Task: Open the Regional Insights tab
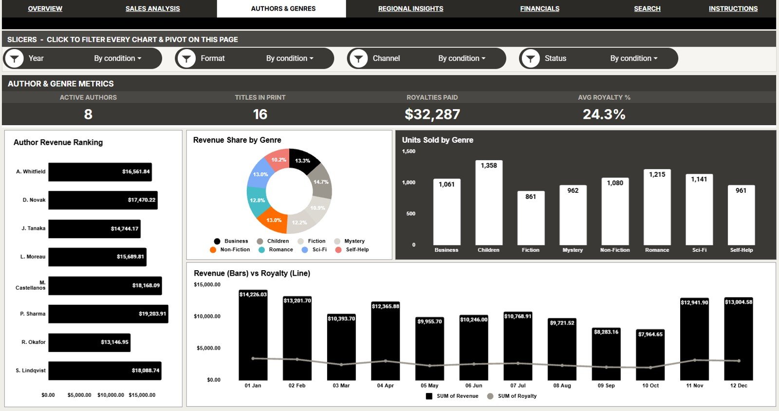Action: (411, 8)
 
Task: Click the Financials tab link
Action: (540, 8)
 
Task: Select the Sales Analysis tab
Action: (153, 8)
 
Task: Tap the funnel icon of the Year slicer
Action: (15, 58)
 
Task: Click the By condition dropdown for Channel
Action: (462, 58)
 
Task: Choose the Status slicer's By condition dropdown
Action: (633, 58)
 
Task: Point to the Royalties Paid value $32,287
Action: (432, 114)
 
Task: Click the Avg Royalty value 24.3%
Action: (604, 114)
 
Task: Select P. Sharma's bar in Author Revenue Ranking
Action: (108, 314)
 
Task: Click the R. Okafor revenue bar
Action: (90, 342)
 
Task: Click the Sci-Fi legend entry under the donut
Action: (315, 250)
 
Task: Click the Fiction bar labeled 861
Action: (531, 218)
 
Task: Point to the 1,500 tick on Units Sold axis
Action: (408, 151)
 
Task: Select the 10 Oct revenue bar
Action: (650, 355)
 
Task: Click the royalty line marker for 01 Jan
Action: (253, 358)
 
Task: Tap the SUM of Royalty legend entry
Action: (512, 396)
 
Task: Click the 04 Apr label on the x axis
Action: (385, 386)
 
